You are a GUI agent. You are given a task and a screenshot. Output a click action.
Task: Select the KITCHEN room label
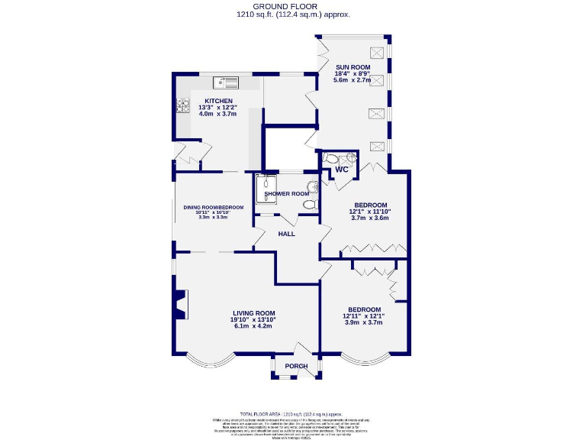217,101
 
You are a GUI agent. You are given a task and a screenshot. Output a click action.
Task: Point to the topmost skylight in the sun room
376,52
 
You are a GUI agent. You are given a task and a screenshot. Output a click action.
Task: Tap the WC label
341,170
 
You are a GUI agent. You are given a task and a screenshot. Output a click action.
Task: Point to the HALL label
286,234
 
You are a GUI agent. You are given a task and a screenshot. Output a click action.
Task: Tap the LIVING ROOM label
253,313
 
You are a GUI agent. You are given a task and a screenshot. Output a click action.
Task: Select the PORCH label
296,366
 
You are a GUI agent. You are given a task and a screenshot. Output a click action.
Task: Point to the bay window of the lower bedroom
365,359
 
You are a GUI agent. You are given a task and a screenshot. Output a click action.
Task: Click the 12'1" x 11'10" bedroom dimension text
369,212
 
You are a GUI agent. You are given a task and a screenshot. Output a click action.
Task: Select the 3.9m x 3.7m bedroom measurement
363,322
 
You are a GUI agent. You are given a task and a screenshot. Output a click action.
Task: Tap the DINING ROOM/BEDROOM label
213,207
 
